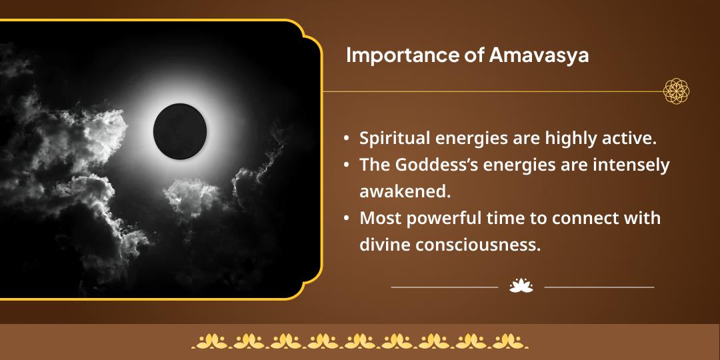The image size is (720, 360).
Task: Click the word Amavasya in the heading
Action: click(x=539, y=56)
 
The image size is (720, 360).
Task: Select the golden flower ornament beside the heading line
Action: click(x=676, y=91)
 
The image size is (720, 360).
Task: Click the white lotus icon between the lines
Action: click(x=521, y=287)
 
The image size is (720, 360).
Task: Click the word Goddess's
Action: click(x=443, y=165)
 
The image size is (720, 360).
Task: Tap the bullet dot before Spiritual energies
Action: click(x=347, y=139)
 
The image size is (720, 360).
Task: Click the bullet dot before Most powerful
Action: click(x=347, y=219)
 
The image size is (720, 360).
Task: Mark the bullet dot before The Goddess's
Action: click(x=347, y=165)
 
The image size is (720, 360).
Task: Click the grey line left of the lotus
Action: click(x=444, y=287)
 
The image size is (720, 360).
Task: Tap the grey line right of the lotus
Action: click(x=599, y=287)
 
